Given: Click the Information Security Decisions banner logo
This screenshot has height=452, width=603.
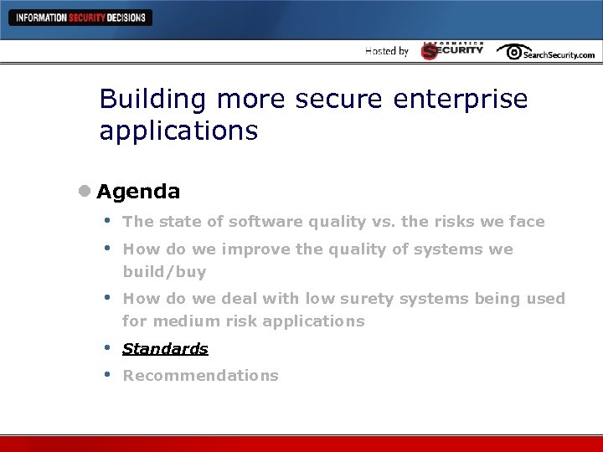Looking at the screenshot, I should [x=80, y=18].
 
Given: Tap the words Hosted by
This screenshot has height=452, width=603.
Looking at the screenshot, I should [x=387, y=51].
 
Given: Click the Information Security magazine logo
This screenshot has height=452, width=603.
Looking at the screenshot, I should [x=452, y=51].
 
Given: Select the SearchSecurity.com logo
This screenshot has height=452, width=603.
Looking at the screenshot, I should [x=546, y=52].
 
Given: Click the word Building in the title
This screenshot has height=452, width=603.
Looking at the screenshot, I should [x=152, y=100].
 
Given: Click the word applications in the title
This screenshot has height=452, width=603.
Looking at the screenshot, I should [x=178, y=131].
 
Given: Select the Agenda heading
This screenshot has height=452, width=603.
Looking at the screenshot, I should [x=138, y=192].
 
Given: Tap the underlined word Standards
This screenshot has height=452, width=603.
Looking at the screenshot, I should [x=165, y=349].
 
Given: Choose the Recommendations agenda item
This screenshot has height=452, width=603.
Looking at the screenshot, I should [x=200, y=376].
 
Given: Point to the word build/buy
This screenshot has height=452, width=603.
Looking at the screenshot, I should [x=164, y=272].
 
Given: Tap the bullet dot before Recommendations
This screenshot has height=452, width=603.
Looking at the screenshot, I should [x=106, y=374].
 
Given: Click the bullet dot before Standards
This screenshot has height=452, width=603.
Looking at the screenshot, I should [x=106, y=347].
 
